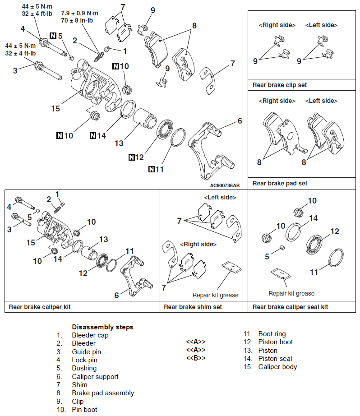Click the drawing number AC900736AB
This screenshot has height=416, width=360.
tap(225, 185)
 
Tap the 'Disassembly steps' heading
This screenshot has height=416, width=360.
tap(102, 327)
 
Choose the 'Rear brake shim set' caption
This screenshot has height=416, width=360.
tap(193, 307)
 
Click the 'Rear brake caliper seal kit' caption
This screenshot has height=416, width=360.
tap(290, 307)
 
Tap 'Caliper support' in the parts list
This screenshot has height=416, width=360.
tap(95, 376)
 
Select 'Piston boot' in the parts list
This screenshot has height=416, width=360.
tap(275, 342)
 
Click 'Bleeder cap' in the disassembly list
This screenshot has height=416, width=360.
tap(90, 335)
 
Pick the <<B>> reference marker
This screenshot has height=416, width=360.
tap(196, 358)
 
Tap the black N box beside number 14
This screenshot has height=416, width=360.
tap(93, 135)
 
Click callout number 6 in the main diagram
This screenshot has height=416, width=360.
tap(240, 120)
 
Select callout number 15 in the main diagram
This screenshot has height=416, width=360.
tap(55, 109)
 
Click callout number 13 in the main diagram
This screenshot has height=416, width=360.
tap(119, 143)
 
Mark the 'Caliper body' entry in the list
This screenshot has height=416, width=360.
tap(277, 367)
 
